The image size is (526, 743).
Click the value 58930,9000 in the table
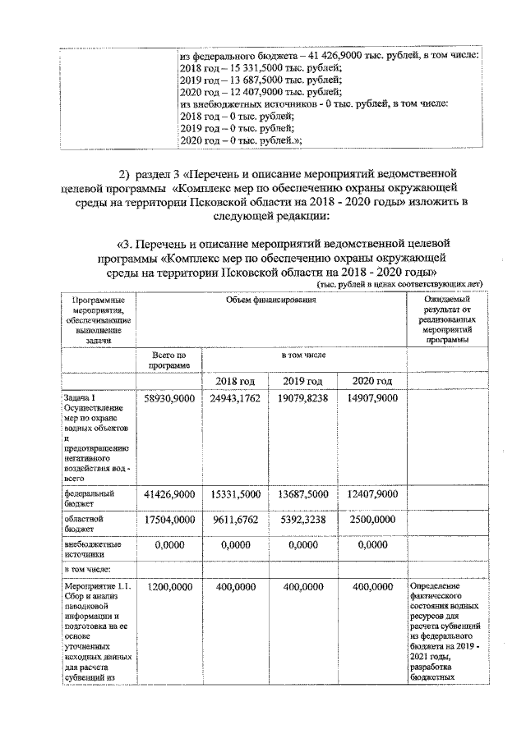coord(168,398)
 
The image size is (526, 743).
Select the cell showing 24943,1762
coord(236,398)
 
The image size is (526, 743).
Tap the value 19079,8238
coord(305,398)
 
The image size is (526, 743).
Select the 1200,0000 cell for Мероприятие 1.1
coord(168,587)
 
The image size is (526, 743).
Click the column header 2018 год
coord(236,381)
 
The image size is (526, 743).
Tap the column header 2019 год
coord(305,381)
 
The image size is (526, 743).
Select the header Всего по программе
coord(169,359)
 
